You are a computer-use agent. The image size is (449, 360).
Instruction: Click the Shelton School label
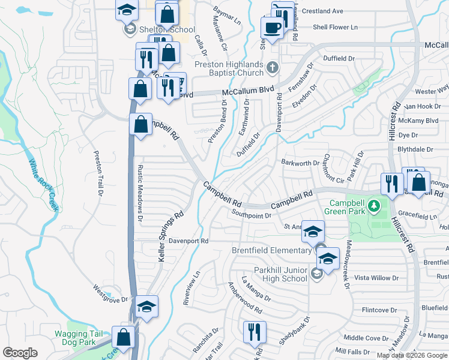click(x=166, y=29)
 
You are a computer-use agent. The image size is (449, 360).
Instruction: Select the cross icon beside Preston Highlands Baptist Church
click(x=273, y=67)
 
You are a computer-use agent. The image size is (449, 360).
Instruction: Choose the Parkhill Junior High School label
click(x=280, y=274)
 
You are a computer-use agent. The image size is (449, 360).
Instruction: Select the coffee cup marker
click(x=272, y=27)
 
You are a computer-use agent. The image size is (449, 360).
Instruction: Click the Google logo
click(x=20, y=353)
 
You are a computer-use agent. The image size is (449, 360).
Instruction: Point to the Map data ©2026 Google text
click(x=412, y=355)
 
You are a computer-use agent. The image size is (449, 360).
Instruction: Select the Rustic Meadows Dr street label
click(x=140, y=193)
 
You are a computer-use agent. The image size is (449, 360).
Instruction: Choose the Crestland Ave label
click(x=322, y=11)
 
